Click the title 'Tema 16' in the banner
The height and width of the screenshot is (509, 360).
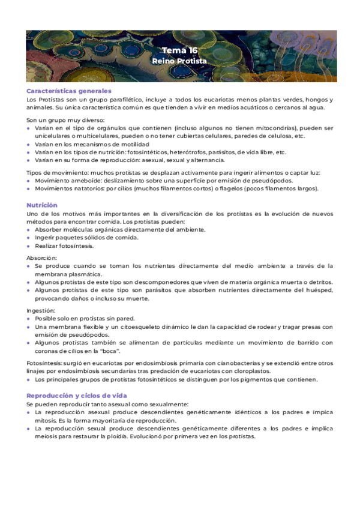(x=179, y=50)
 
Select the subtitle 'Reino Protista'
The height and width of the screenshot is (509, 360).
(x=179, y=61)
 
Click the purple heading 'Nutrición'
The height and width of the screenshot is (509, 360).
(x=42, y=205)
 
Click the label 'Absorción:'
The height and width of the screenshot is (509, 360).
(x=41, y=257)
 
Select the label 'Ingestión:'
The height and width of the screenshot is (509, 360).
(x=41, y=310)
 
